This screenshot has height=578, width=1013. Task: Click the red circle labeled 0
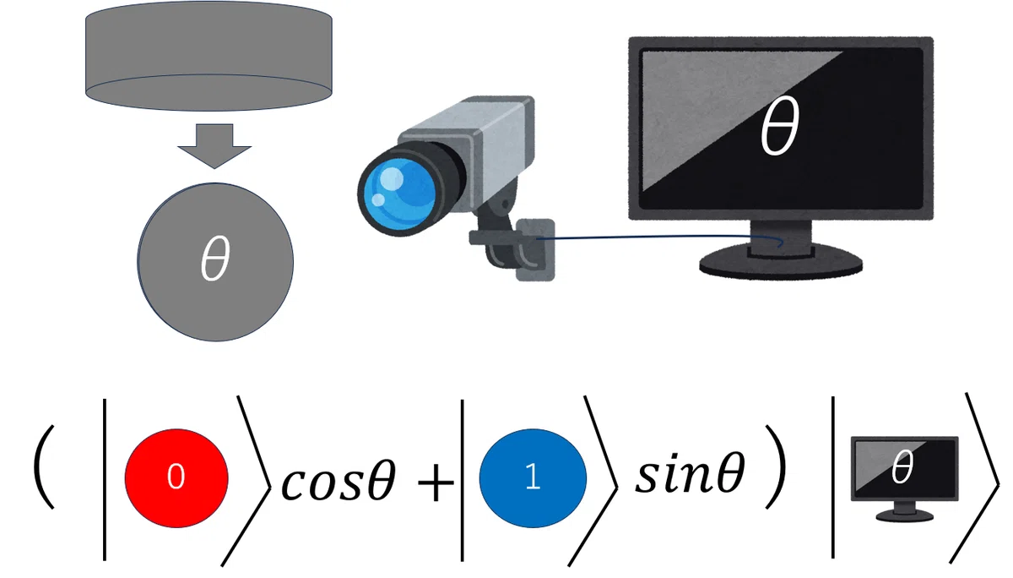coord(176,478)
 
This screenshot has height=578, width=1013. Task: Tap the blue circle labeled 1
coord(533,478)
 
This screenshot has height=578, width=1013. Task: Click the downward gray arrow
coord(214,145)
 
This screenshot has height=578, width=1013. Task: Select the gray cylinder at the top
coord(209,56)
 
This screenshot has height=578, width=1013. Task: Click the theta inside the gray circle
coord(216,258)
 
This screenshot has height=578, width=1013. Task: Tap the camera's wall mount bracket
coord(536,249)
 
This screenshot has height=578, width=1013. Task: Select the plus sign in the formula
coord(436,483)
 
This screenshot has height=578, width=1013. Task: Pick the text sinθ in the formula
coord(691,472)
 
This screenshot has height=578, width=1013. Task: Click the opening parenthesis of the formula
coord(44,467)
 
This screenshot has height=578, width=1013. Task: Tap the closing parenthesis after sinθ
coord(776,467)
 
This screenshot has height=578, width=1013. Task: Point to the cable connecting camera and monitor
coord(660,237)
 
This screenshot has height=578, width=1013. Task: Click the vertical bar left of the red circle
coord(105,480)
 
